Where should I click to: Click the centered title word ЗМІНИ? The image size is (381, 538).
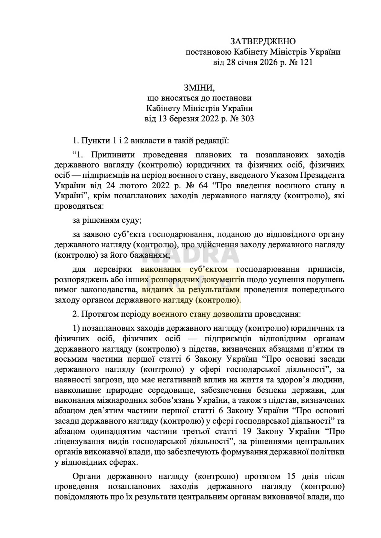pyautogui.click(x=199, y=88)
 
